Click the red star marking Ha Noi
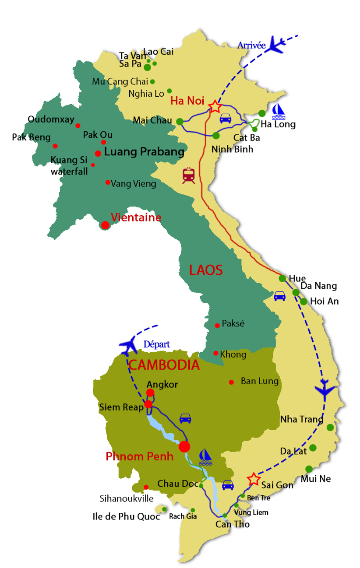click(x=215, y=106)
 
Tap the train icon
click(x=189, y=175)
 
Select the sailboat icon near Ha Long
click(x=279, y=112)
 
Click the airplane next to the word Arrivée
click(x=277, y=44)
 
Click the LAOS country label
click(x=206, y=270)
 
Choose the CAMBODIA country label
click(x=164, y=365)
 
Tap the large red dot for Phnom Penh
click(x=184, y=446)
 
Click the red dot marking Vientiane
click(x=105, y=225)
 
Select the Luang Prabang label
click(x=143, y=152)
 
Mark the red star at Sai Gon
click(x=253, y=479)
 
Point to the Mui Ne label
click(x=316, y=479)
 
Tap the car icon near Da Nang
click(x=279, y=296)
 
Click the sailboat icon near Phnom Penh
click(x=205, y=457)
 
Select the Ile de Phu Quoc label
click(x=126, y=516)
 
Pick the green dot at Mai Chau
click(x=180, y=121)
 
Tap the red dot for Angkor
click(x=150, y=393)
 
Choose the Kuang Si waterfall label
click(x=69, y=165)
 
